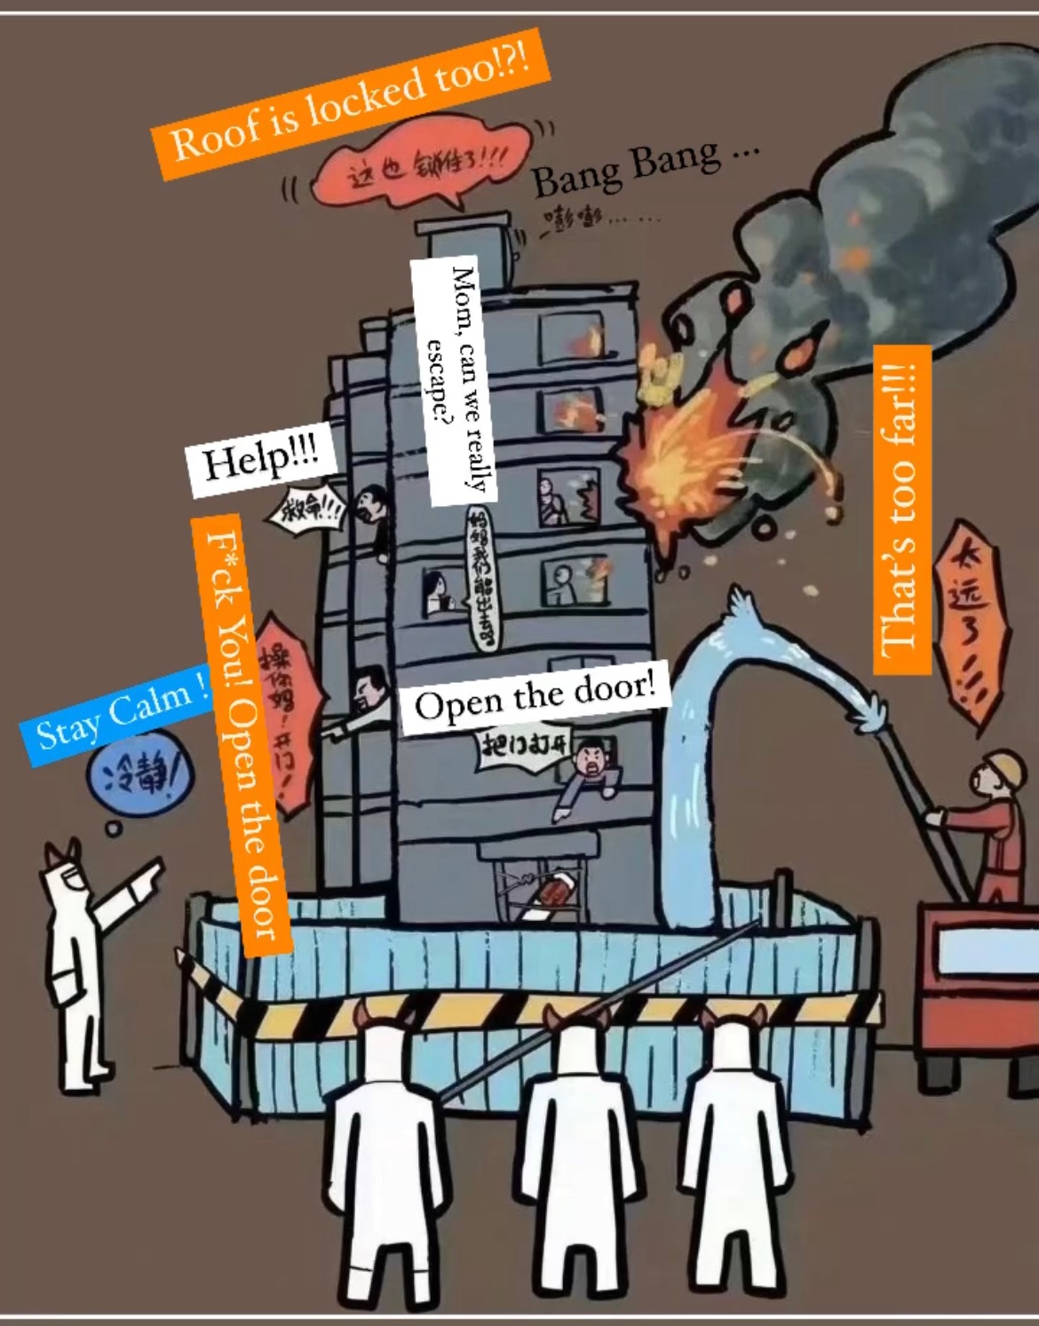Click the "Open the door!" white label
click(535, 700)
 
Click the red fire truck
click(977, 977)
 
